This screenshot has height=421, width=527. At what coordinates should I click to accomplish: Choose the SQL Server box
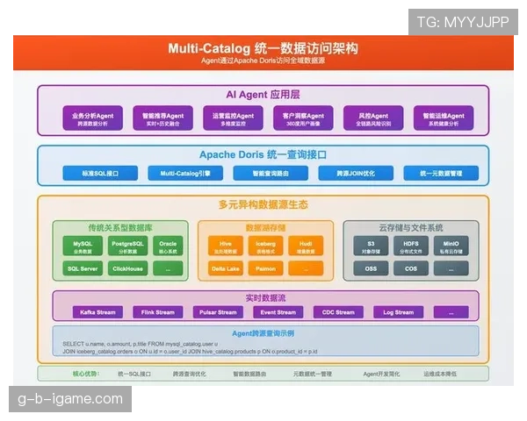point(83,268)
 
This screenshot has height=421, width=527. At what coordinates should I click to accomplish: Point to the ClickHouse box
point(129,268)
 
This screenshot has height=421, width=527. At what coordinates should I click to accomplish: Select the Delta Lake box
point(225,268)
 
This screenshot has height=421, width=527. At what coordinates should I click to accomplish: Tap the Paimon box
point(265,268)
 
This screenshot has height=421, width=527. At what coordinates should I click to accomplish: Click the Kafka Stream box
point(97,311)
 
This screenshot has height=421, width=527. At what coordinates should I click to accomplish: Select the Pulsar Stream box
point(215,311)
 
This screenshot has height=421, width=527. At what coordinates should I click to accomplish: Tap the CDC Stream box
point(337,311)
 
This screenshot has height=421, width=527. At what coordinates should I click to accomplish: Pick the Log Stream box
point(397,311)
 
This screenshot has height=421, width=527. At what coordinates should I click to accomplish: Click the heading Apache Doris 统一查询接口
point(263,154)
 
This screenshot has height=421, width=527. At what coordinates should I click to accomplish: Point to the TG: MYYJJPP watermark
point(462,21)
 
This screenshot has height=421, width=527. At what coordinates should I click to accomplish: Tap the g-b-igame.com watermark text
point(70,399)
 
